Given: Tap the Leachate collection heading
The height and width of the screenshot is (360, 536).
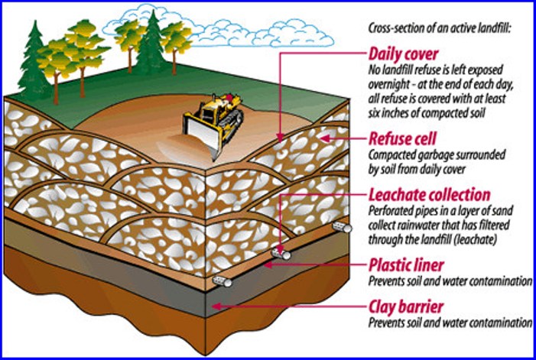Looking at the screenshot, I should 429,195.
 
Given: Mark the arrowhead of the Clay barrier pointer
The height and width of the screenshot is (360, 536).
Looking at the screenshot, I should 216,306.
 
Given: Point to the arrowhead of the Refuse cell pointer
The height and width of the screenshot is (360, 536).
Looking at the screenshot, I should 323,138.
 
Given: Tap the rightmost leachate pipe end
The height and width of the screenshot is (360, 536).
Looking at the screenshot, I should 346,228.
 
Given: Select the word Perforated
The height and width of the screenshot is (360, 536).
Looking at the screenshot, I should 394,209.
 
